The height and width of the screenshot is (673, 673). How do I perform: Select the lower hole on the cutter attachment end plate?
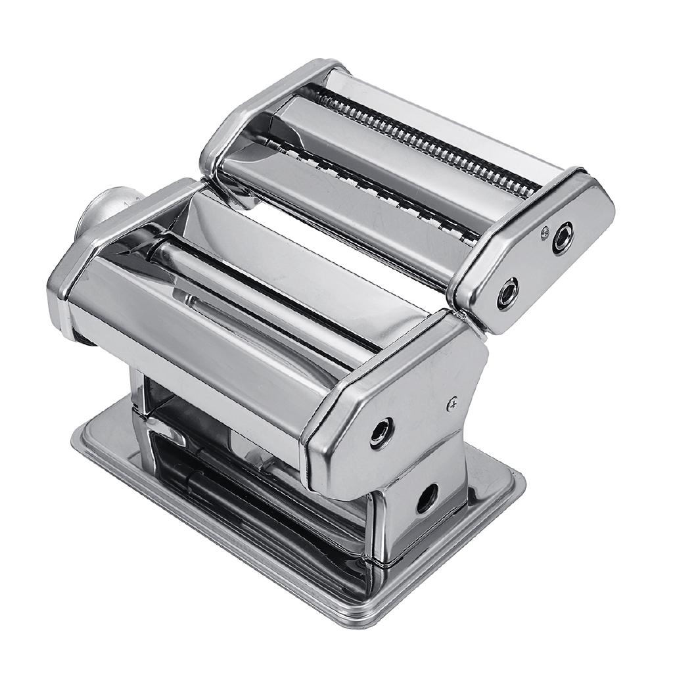[x=507, y=293]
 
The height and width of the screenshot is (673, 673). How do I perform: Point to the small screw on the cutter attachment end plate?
[x=545, y=230]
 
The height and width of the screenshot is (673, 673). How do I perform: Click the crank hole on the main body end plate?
[x=381, y=432]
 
